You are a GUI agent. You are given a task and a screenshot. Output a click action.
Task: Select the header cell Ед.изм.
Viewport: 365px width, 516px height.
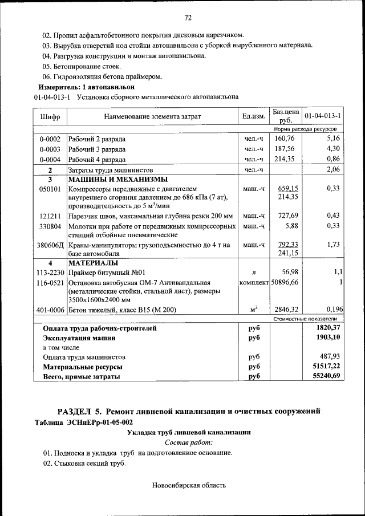pos(253,116)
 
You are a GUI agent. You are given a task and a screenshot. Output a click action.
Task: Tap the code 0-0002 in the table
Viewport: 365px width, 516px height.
pos(50,139)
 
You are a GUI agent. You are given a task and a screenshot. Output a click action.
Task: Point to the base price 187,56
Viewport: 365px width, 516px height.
pos(284,149)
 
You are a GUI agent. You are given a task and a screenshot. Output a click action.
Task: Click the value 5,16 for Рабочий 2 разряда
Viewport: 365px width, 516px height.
pos(333,138)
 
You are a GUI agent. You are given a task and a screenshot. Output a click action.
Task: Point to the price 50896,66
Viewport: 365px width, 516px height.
pos(285,282)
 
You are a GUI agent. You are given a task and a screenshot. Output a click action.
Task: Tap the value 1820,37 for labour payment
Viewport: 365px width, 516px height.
pos(328,328)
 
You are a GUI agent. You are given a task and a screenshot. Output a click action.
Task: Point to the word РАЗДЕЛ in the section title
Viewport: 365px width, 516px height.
pos(79,411)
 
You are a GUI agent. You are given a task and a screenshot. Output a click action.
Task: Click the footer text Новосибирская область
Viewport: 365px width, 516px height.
pos(189,486)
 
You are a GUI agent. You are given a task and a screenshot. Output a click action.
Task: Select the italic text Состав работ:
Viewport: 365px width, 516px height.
pos(188,442)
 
